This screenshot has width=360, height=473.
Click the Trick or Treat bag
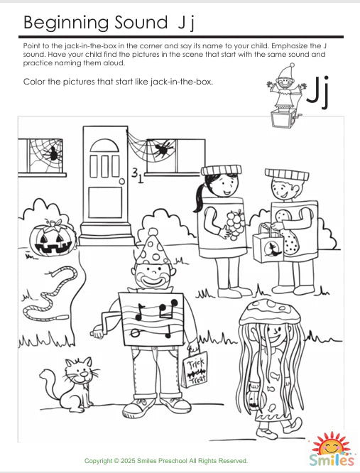[x=196, y=369]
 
